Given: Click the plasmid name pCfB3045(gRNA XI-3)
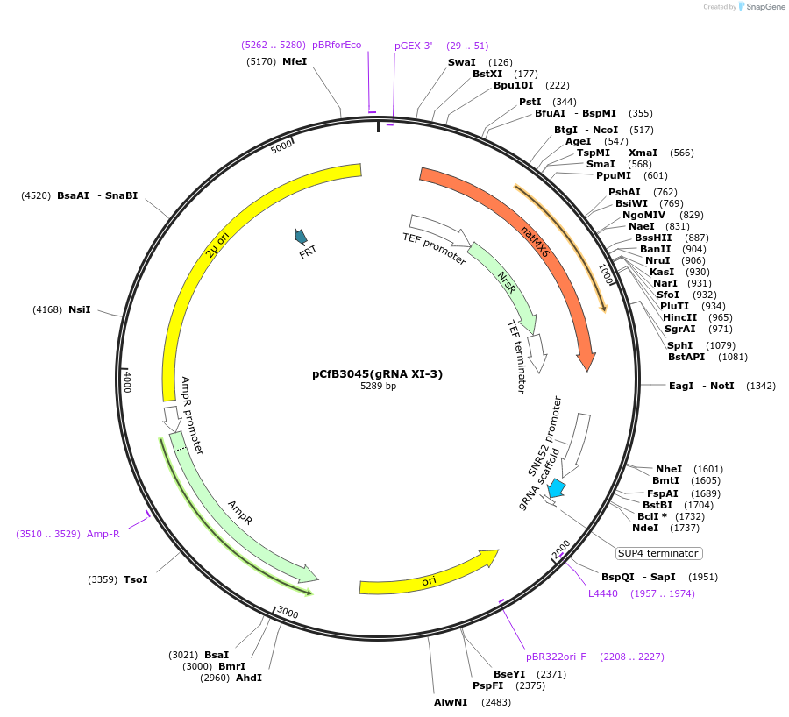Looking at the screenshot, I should pyautogui.click(x=378, y=373).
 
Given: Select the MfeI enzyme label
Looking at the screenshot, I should pyautogui.click(x=295, y=61).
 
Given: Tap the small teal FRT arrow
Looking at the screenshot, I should pyautogui.click(x=301, y=236).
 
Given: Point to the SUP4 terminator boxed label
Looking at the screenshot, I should pyautogui.click(x=658, y=553).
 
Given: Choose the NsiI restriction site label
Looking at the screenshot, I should pyautogui.click(x=80, y=309).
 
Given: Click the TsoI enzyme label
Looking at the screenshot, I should pyautogui.click(x=136, y=579).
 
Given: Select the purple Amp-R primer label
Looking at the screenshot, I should pyautogui.click(x=103, y=534).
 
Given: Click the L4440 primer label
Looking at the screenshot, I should pyautogui.click(x=603, y=593).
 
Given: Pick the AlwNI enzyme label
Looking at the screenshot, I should pyautogui.click(x=451, y=702).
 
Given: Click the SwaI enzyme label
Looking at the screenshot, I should pyautogui.click(x=461, y=62).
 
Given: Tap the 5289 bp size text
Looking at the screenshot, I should pyautogui.click(x=378, y=387).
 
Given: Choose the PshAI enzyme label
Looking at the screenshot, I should pyautogui.click(x=624, y=192).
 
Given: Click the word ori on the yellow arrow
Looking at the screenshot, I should pyautogui.click(x=429, y=581).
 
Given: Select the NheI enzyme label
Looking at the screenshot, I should pyautogui.click(x=668, y=469).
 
